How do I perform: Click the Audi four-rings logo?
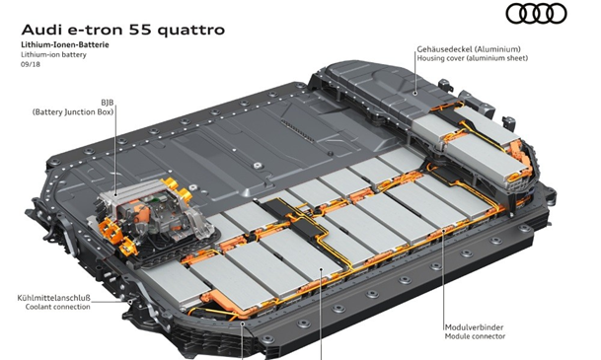click(x=536, y=14)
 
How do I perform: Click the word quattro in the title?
click(x=190, y=31)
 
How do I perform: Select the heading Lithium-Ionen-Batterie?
click(x=65, y=44)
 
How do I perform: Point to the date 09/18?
click(x=31, y=64)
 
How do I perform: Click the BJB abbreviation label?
click(x=108, y=103)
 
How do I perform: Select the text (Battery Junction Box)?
click(x=73, y=112)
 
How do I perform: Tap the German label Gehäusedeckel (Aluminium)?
click(x=469, y=49)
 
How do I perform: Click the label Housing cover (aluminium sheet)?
click(x=472, y=58)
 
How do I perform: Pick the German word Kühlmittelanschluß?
click(x=53, y=298)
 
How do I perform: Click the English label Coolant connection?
click(x=58, y=307)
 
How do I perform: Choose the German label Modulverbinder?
click(x=474, y=327)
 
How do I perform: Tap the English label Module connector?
click(x=475, y=336)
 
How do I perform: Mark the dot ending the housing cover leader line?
click(x=415, y=93)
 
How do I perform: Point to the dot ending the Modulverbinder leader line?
click(x=443, y=231)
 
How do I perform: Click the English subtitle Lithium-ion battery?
click(x=53, y=55)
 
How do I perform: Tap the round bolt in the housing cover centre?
click(x=257, y=166)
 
